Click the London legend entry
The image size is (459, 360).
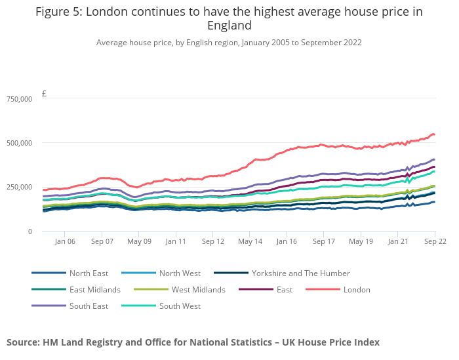(357, 290)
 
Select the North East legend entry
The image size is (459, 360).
(89, 273)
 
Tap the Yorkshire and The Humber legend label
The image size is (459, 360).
(300, 273)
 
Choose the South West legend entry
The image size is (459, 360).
(180, 306)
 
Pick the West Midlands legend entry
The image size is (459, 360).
(198, 290)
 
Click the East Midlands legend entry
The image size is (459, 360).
(94, 290)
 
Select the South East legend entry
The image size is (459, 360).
(89, 306)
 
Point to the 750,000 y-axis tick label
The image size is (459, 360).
(19, 99)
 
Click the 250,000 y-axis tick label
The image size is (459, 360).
(19, 188)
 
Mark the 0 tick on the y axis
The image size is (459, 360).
(29, 231)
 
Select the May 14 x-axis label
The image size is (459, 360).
(250, 241)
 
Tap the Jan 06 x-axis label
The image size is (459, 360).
(65, 241)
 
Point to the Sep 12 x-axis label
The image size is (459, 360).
(213, 241)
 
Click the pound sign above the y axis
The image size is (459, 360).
(44, 94)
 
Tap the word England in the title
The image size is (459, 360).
(229, 26)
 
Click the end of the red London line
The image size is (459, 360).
(434, 134)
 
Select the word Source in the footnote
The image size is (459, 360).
(24, 342)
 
